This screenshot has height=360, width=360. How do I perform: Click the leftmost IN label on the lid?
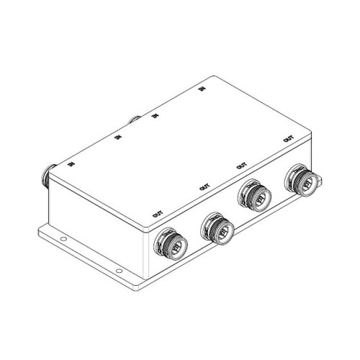tap(71, 164)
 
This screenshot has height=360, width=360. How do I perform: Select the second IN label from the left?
tap(117, 138)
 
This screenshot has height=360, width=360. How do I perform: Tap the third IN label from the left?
tap(156, 116)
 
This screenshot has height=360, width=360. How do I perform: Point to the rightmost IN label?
tap(202, 89)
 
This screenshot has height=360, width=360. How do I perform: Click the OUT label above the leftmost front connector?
tap(158, 214)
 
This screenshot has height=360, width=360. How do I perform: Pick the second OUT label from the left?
tap(204, 186)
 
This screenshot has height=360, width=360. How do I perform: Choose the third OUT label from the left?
tap(241, 166)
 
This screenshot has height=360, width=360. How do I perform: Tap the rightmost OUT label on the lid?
tap(288, 139)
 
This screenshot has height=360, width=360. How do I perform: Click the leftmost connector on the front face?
tap(171, 243)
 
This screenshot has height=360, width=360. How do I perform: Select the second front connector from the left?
tap(217, 228)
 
